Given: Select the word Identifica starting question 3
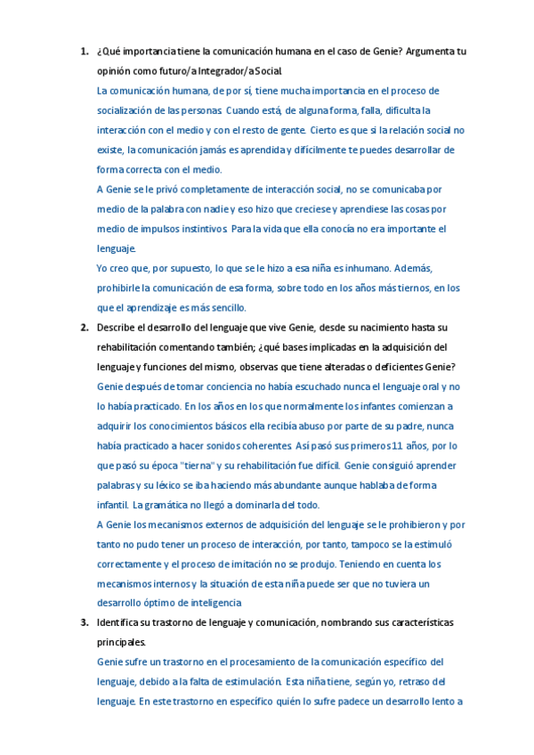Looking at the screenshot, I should (x=122, y=622).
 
